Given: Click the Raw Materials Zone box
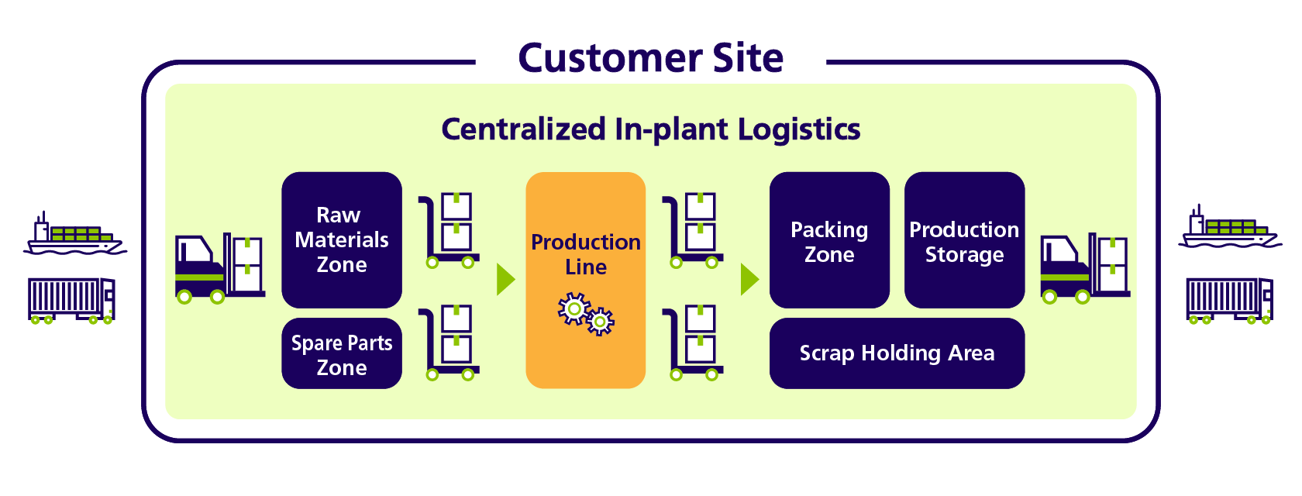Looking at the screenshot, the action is [342, 239].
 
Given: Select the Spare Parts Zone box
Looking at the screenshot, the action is [342, 353].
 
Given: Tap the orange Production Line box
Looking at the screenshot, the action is [586, 280].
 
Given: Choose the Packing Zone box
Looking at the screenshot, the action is [829, 239].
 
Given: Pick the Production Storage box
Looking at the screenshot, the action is [964, 239].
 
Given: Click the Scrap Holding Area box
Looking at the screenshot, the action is [897, 353].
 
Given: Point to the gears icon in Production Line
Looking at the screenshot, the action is [586, 314].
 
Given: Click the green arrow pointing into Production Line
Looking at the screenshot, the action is [505, 280].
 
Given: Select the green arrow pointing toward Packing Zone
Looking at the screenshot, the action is [750, 280].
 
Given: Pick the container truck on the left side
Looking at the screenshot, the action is [71, 301].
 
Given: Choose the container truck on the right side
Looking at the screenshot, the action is [1229, 301].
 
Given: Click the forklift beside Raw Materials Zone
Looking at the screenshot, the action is [220, 268].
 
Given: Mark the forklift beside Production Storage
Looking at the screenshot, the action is [1085, 268].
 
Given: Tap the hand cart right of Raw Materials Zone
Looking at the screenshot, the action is [449, 230].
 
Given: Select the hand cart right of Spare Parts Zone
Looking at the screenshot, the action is [449, 343].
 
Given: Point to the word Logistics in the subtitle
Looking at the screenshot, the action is [799, 129].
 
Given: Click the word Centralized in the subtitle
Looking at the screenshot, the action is [524, 129].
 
